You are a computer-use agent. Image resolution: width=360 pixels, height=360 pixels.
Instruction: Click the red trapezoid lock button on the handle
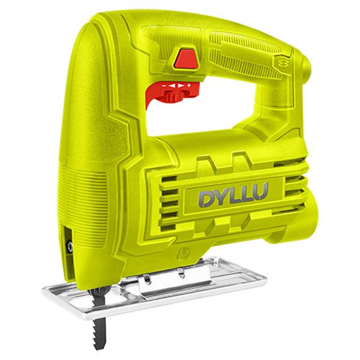(x=186, y=58)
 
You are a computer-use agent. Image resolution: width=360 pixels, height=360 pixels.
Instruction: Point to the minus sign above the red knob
(x=164, y=86)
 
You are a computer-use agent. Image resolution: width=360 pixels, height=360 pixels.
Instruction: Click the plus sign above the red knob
(x=189, y=86)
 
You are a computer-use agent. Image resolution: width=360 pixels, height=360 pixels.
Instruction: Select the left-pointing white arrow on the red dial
(x=172, y=86)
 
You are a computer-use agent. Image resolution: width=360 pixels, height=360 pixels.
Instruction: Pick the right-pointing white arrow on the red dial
(x=181, y=86)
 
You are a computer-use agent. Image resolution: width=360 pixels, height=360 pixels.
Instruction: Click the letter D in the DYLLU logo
(x=206, y=199)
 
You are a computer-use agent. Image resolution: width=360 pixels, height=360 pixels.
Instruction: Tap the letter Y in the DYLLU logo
(x=221, y=197)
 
